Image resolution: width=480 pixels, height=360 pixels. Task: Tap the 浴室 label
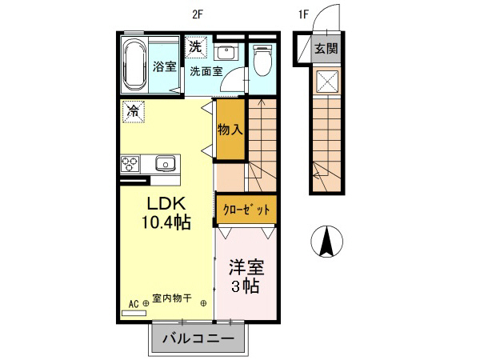(165, 67)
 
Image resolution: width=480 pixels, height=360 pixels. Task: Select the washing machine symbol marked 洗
(196, 47)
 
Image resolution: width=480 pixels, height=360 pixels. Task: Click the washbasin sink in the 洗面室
(225, 54)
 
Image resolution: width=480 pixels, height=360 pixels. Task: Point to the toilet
(262, 59)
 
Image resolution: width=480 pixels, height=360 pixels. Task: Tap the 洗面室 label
(206, 71)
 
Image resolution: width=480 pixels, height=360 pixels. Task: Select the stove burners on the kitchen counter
(130, 164)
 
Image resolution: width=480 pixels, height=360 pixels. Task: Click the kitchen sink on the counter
(166, 164)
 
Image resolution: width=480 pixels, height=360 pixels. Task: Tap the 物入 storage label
(230, 129)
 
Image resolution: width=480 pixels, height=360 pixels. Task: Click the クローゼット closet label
(246, 209)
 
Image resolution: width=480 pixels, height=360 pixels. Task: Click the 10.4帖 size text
(166, 222)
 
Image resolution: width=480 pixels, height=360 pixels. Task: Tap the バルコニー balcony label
(198, 339)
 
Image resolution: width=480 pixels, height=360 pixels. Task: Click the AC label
(134, 303)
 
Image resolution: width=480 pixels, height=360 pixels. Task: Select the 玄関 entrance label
(325, 48)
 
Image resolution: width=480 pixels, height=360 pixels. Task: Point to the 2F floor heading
(198, 14)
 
